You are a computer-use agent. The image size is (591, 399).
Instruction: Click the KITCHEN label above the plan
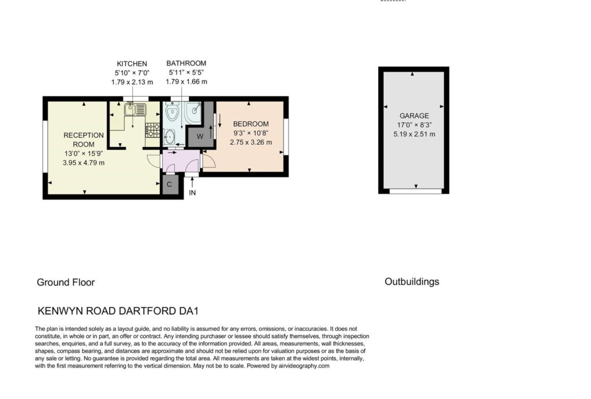132,64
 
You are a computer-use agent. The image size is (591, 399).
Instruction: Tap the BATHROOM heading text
186,64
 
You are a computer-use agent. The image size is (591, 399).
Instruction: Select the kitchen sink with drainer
135,109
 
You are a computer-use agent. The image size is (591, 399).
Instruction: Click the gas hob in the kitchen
152,130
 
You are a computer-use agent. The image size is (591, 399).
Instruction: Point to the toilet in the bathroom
172,111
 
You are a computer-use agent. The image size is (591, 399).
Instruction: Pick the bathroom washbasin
169,136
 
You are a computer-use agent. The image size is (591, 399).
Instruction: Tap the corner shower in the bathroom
193,113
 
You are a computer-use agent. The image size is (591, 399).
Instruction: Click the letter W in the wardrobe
200,136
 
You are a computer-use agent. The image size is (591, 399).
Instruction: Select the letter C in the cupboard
169,184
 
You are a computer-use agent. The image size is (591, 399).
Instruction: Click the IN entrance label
192,193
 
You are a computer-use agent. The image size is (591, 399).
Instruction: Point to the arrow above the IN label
192,182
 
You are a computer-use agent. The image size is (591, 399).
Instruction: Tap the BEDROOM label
250,124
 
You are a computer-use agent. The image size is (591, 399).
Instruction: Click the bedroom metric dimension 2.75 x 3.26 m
250,142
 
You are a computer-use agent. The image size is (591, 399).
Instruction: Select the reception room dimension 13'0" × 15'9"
84,154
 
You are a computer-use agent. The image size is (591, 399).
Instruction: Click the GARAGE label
414,116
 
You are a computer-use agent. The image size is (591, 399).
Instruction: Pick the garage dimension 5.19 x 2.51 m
414,134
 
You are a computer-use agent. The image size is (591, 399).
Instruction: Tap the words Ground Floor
66,282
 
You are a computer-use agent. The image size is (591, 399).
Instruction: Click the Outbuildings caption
412,282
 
